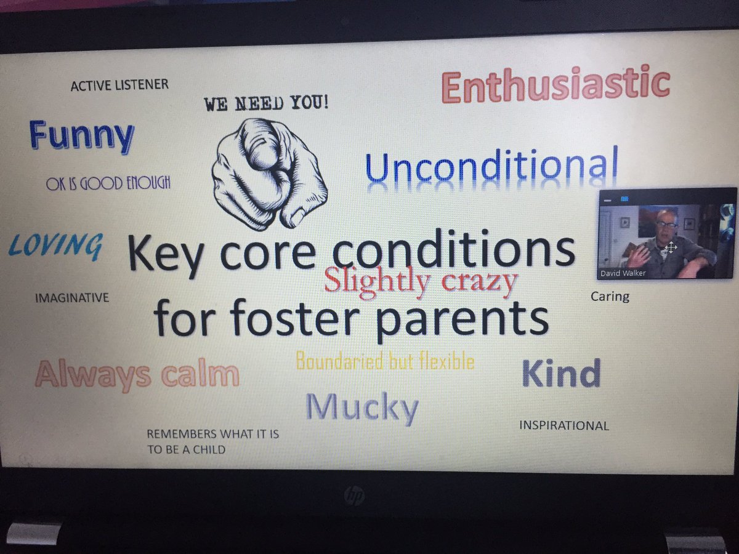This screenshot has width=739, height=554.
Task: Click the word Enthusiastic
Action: click(x=555, y=86)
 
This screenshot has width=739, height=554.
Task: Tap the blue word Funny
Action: click(x=81, y=137)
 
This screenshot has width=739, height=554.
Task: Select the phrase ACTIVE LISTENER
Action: click(x=119, y=85)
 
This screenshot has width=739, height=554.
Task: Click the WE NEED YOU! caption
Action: click(x=267, y=103)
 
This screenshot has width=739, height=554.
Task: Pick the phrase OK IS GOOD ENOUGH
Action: click(x=108, y=183)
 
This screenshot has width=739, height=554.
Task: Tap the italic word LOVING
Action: click(x=55, y=246)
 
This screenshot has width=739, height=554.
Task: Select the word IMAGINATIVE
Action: click(x=72, y=298)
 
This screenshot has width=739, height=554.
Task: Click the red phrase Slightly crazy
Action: click(x=421, y=281)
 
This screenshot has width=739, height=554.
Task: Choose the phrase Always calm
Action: click(x=137, y=374)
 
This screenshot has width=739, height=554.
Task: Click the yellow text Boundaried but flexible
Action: click(x=385, y=360)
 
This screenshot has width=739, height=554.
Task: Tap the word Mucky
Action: click(x=362, y=407)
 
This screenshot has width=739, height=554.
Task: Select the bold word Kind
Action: click(x=561, y=374)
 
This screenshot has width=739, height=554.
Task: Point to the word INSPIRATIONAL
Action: click(x=564, y=425)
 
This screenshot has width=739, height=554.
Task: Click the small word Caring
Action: click(x=610, y=296)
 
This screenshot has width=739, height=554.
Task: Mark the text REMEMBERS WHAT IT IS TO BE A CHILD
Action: click(x=212, y=441)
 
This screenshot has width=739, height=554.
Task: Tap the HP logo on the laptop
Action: click(x=353, y=496)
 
